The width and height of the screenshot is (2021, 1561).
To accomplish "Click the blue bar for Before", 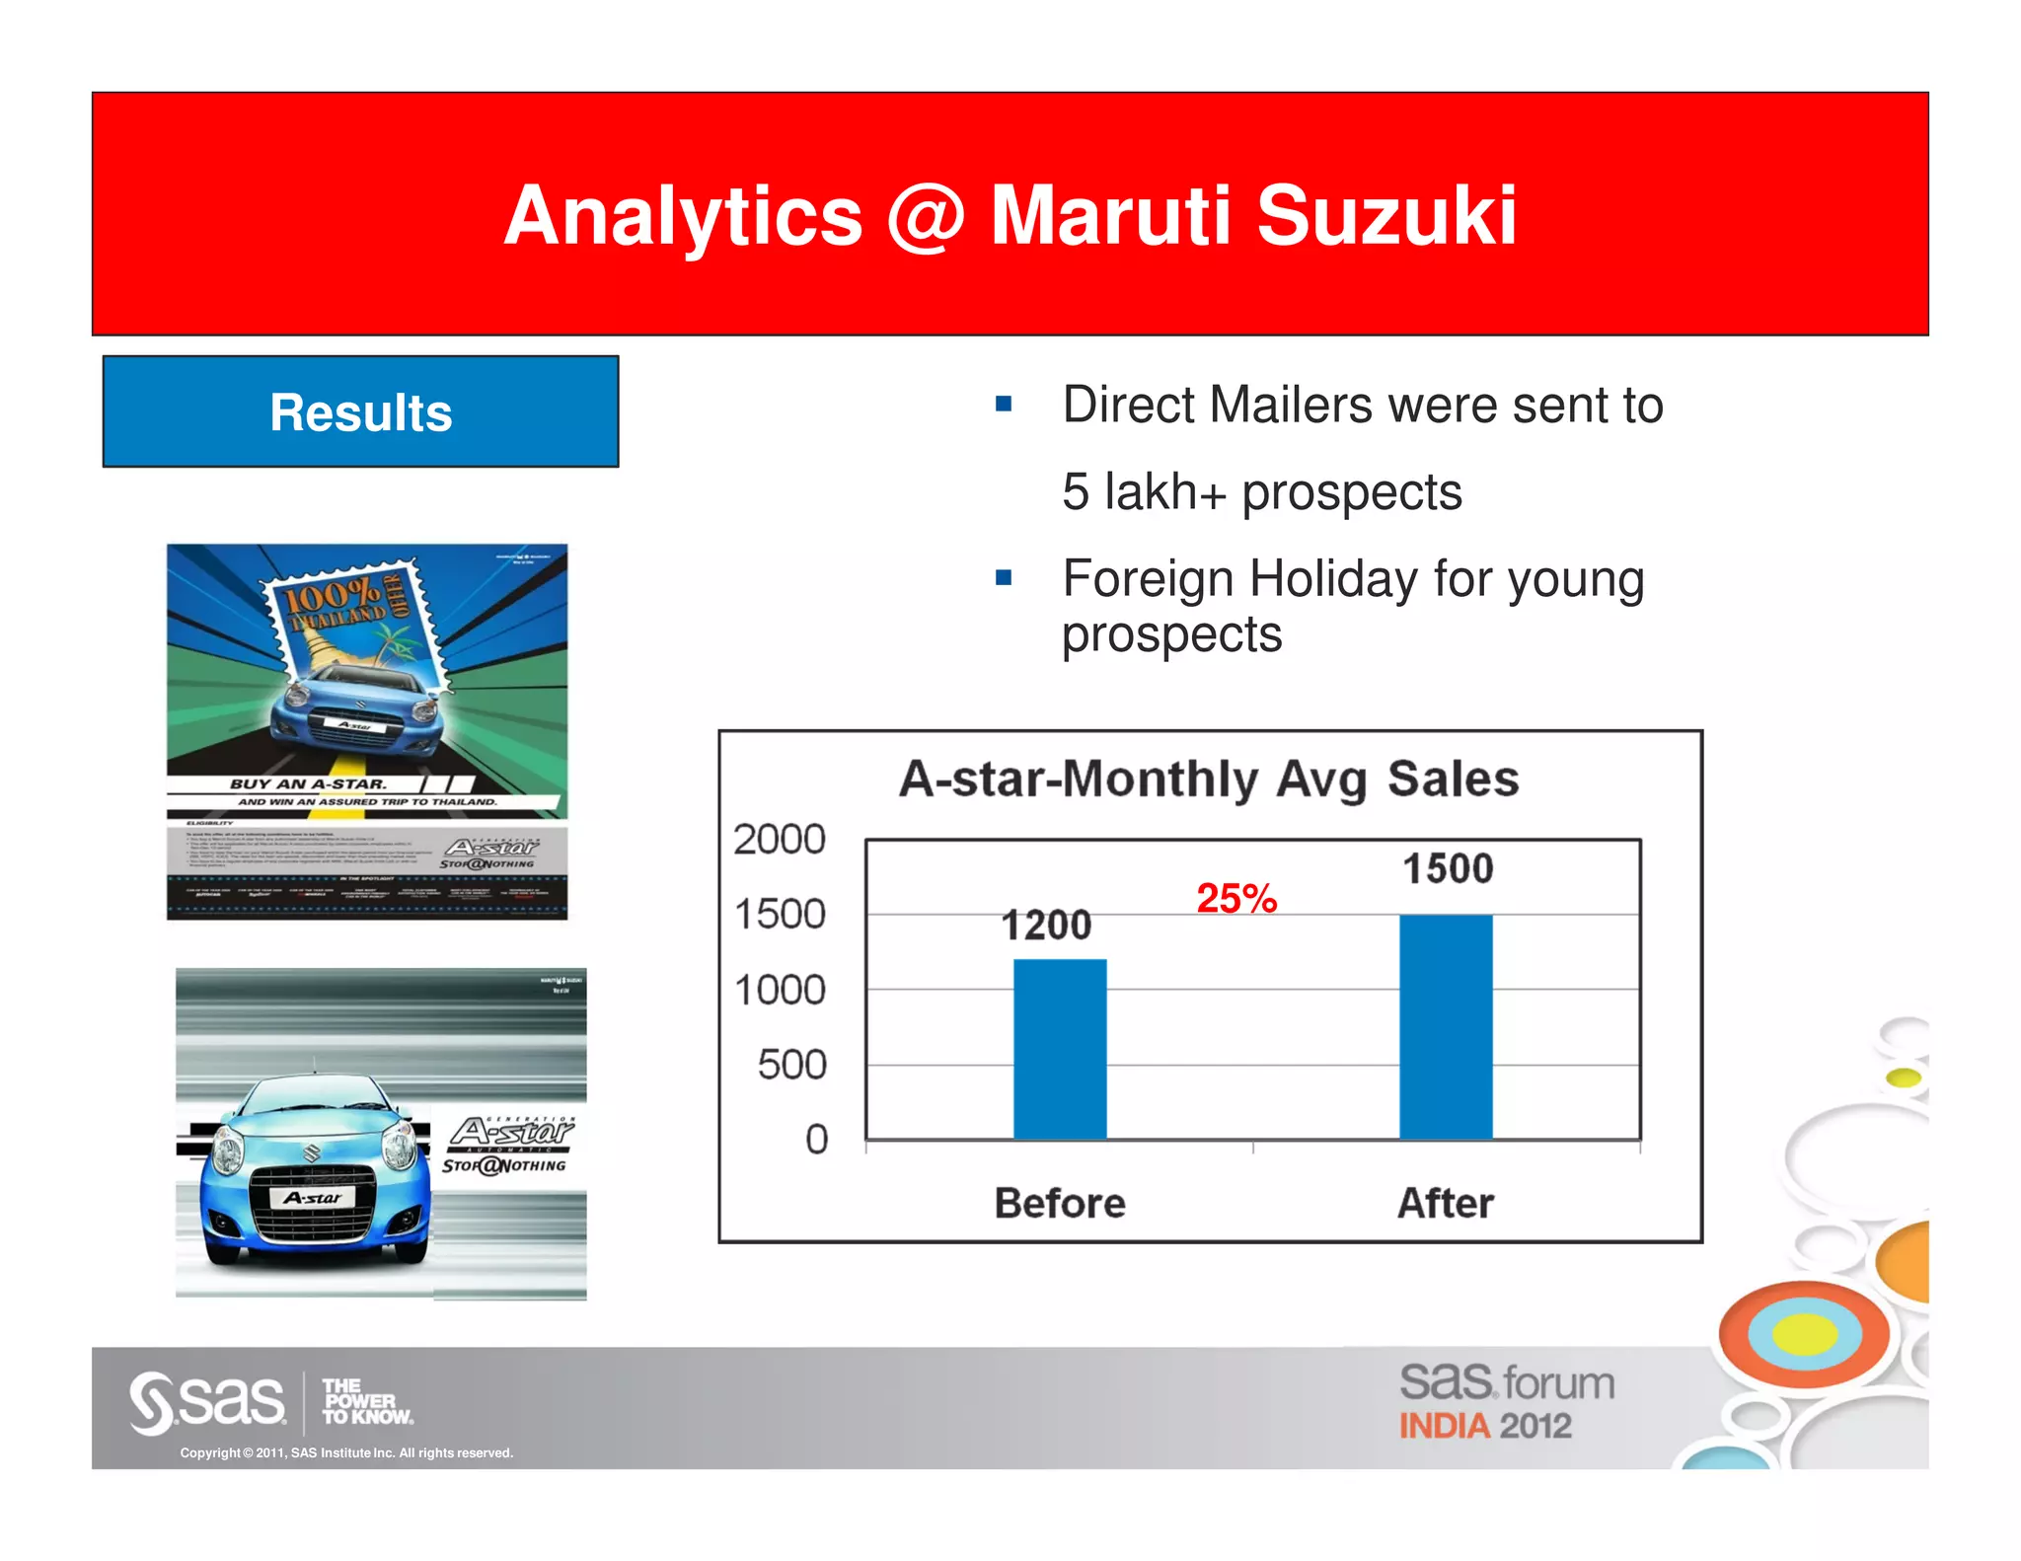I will click(1060, 1049).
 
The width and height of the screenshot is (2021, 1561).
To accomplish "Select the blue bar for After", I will click(1446, 1026).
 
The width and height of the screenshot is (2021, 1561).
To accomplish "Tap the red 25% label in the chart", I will click(1236, 898).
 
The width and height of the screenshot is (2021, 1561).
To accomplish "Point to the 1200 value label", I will click(1046, 925).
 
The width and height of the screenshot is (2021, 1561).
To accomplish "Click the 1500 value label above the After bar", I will click(1448, 868).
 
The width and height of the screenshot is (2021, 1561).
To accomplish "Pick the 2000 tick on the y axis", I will click(779, 840).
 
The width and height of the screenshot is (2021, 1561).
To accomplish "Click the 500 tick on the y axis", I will click(791, 1065).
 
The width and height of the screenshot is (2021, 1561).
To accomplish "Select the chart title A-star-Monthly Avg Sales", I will click(1208, 779).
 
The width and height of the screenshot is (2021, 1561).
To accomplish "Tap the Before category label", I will click(1060, 1203).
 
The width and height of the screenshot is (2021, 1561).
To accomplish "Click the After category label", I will click(1446, 1203).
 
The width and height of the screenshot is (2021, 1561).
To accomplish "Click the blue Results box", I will click(360, 411).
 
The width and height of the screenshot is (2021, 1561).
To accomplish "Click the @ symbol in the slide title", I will click(925, 217).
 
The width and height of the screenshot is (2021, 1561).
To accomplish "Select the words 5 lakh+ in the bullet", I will click(1145, 491).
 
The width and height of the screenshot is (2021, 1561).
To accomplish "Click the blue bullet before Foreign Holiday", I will click(1004, 578).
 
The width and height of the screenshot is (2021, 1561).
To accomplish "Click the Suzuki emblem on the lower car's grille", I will click(312, 1152).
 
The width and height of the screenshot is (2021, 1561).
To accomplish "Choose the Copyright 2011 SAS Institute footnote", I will click(346, 1452).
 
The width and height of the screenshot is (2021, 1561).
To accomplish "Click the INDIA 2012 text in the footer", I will click(1484, 1426).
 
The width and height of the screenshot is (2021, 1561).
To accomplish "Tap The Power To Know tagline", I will click(366, 1401).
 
